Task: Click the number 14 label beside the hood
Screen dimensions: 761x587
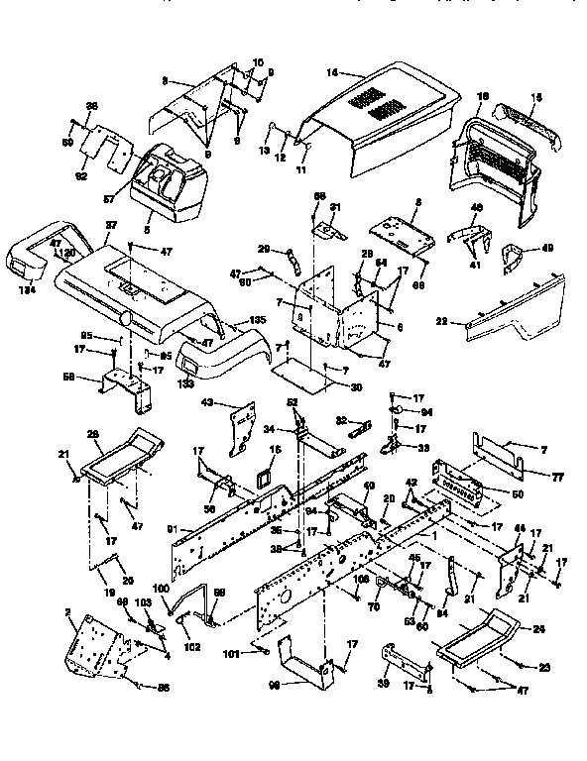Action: point(331,72)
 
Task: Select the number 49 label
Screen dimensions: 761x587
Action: point(548,248)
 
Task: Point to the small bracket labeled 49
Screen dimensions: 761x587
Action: point(515,259)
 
